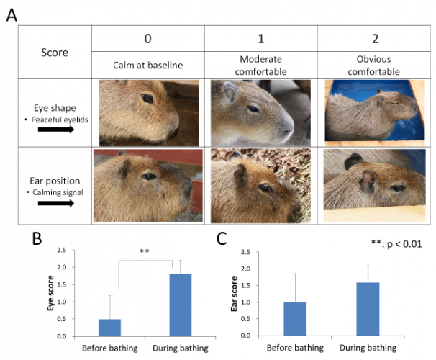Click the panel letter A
[x=12, y=14]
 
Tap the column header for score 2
[x=373, y=37]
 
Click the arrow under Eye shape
[x=57, y=130]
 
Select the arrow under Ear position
[x=57, y=203]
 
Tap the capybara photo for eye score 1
[x=260, y=112]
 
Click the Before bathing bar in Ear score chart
[x=295, y=319]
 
